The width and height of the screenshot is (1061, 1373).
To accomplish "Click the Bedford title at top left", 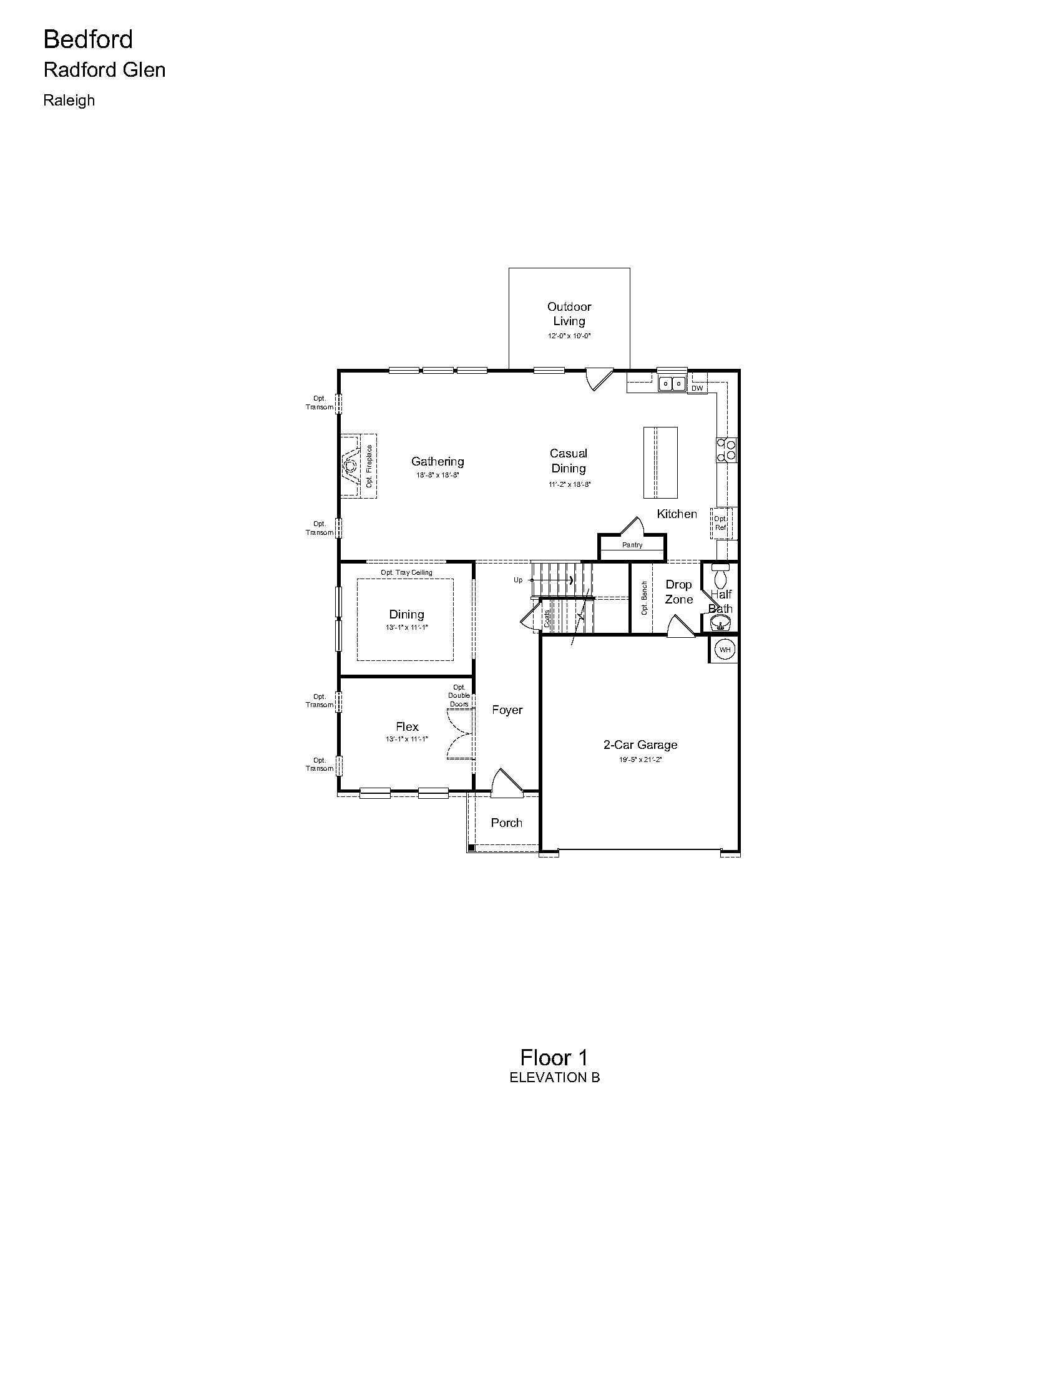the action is (88, 39).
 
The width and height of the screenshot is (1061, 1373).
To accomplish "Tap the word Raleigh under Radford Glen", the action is (69, 100).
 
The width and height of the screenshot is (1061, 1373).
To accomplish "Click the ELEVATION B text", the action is (554, 1078).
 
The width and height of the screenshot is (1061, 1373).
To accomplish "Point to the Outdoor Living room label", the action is (569, 314).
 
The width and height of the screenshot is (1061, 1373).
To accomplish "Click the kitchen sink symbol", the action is (672, 383).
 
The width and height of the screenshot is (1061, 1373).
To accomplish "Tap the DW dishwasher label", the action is (697, 389).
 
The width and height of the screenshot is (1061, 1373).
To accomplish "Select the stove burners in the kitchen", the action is (726, 449).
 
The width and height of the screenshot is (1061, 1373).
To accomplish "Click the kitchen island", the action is (660, 462).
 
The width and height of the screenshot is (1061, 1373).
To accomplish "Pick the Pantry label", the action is (632, 545).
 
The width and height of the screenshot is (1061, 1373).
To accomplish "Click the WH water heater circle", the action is (725, 650).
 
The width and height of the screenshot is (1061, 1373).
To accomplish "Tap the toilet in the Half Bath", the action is (721, 575).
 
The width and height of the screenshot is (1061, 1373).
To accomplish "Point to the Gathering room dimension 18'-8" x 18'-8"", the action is (438, 476).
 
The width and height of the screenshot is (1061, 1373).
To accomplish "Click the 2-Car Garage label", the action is (640, 745).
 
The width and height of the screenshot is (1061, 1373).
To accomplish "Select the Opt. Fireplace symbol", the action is (359, 466).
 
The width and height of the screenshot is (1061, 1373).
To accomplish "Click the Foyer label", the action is (507, 710).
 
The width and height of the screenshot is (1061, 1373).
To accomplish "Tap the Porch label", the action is (507, 823).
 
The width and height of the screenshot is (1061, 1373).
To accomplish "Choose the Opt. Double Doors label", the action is (459, 696).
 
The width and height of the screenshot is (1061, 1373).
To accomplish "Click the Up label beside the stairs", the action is (518, 580).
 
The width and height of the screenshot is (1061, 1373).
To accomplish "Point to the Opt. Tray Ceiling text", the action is (407, 573).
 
